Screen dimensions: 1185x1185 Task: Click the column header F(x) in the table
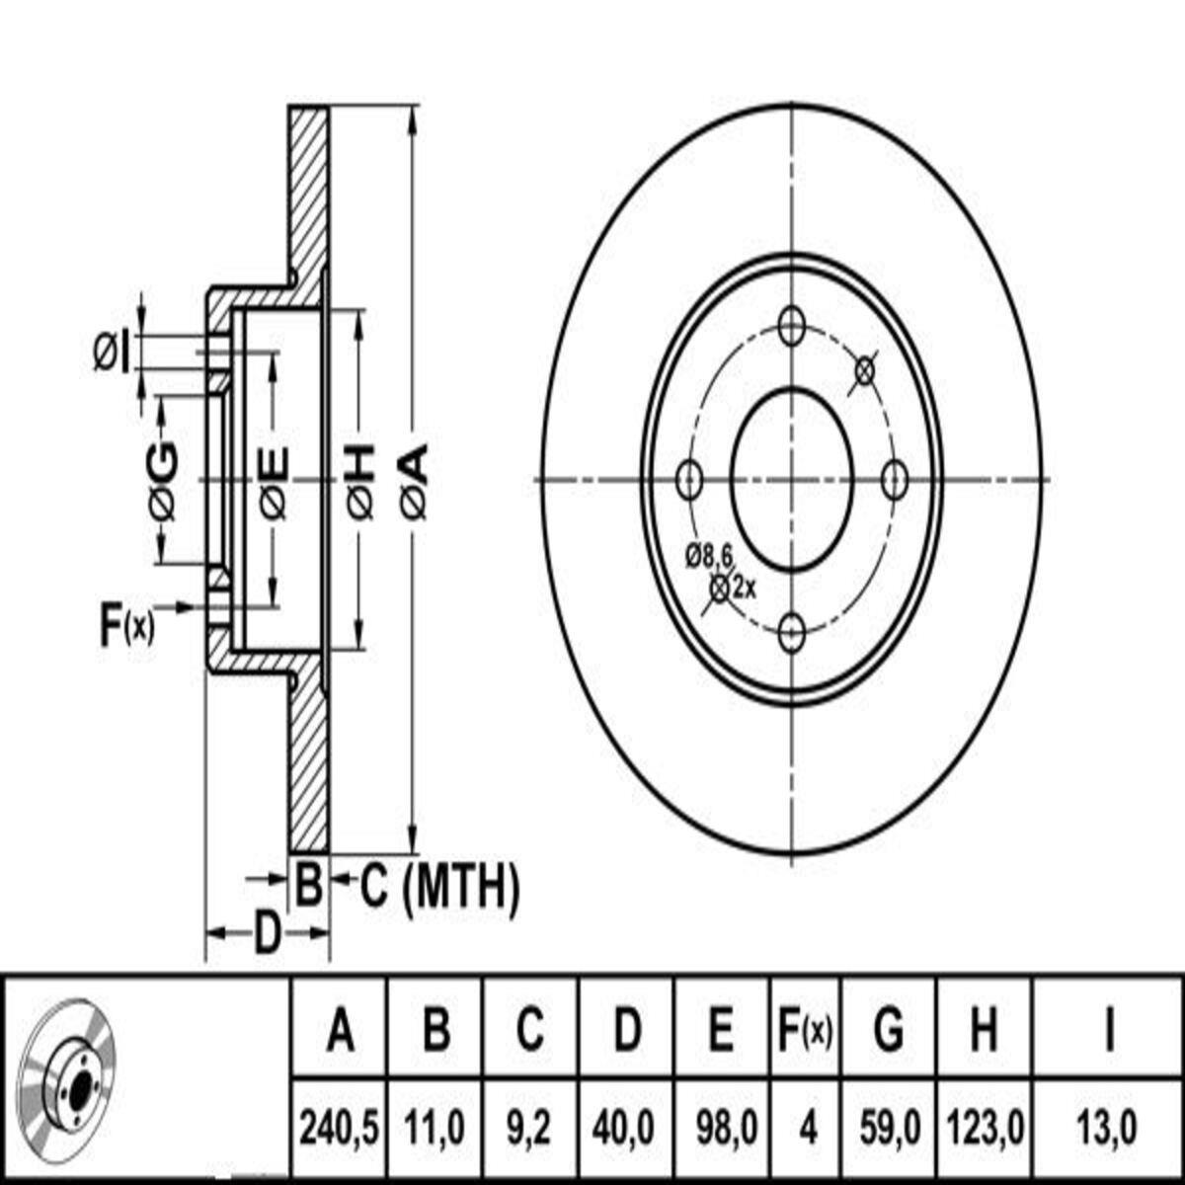806,1033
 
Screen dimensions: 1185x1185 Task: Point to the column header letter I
1109,1033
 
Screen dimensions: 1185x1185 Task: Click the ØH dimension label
361,481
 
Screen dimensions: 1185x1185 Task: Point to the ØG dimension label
164,481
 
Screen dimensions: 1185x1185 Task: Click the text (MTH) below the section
461,886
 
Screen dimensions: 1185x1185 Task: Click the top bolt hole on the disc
793,326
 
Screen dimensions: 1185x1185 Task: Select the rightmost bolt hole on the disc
894,480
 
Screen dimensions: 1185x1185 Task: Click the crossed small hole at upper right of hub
864,370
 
